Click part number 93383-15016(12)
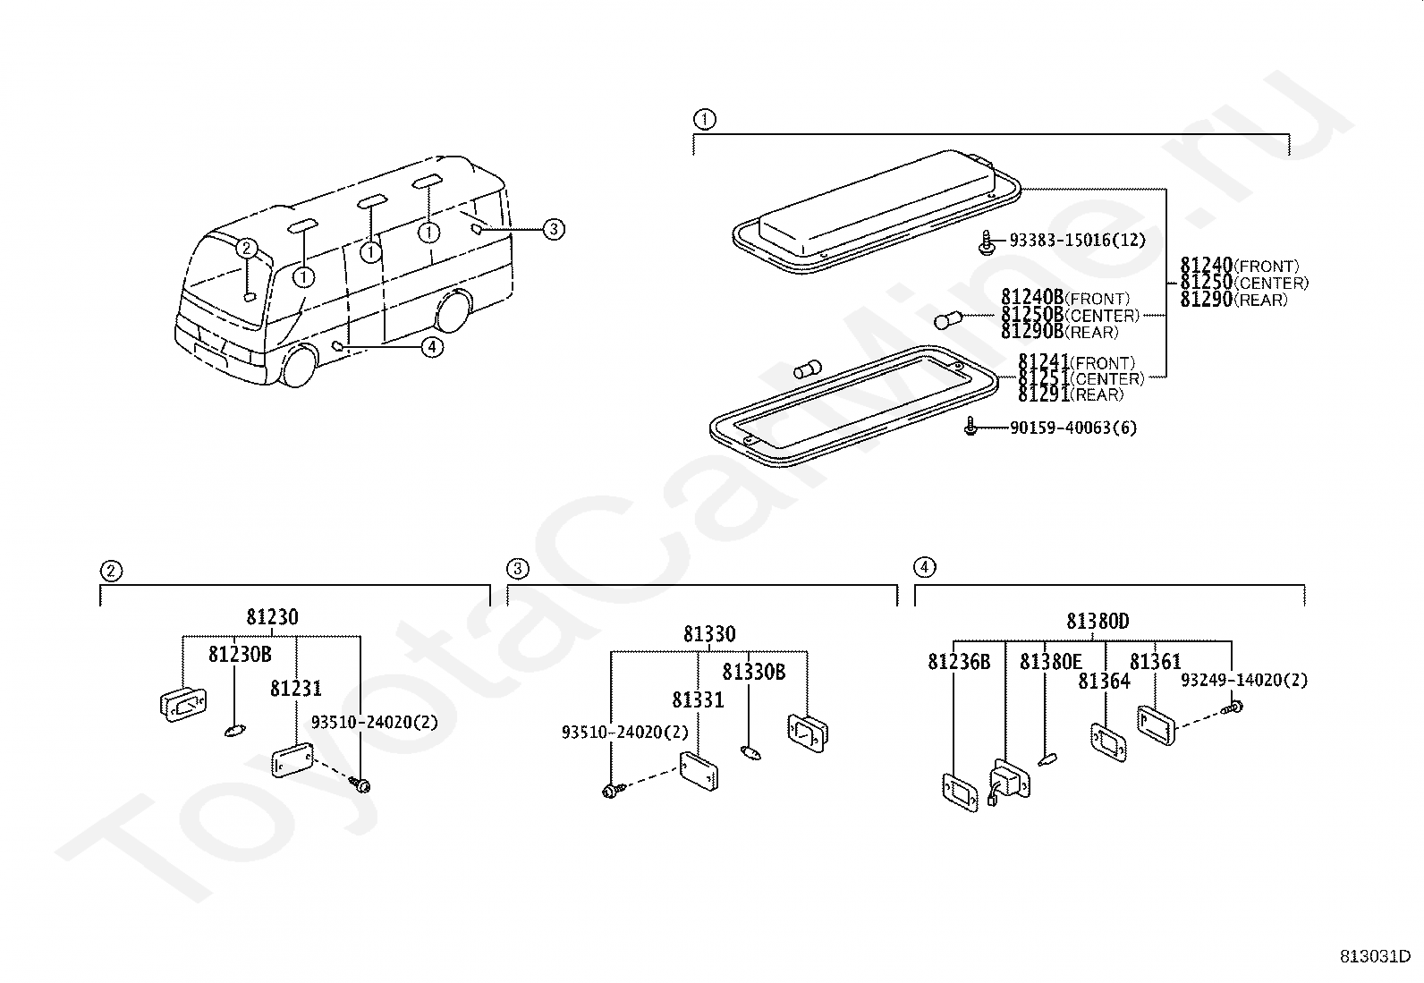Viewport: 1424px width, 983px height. pyautogui.click(x=1077, y=241)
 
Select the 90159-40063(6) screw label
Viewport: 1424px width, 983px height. pyautogui.click(x=1073, y=428)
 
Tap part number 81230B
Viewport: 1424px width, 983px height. pyautogui.click(x=240, y=655)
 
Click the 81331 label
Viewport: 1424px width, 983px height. pyautogui.click(x=698, y=700)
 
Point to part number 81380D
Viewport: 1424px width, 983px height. pyautogui.click(x=1098, y=621)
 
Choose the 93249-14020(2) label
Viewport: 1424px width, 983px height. pyautogui.click(x=1243, y=681)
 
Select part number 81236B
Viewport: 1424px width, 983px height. pyautogui.click(x=959, y=662)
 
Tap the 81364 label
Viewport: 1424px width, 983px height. pyautogui.click(x=1104, y=682)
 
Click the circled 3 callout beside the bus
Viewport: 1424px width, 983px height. pyautogui.click(x=554, y=230)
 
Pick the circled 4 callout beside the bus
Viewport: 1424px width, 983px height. pyautogui.click(x=432, y=346)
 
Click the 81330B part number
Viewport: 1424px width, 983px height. pyautogui.click(x=754, y=672)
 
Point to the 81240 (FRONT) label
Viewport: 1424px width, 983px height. pyautogui.click(x=1239, y=266)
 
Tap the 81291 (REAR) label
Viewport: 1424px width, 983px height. pyautogui.click(x=1070, y=394)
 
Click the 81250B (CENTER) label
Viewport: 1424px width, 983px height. pyautogui.click(x=1070, y=316)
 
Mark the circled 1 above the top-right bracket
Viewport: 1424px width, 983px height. pyautogui.click(x=704, y=119)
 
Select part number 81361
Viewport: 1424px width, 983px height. pyautogui.click(x=1155, y=662)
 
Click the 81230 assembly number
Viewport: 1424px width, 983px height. pyautogui.click(x=272, y=617)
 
